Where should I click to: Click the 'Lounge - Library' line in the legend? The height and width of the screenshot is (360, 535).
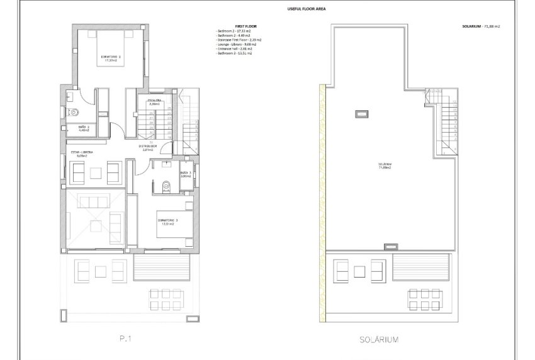tap(234, 44)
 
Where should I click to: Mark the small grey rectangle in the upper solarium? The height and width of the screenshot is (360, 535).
tap(361, 114)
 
